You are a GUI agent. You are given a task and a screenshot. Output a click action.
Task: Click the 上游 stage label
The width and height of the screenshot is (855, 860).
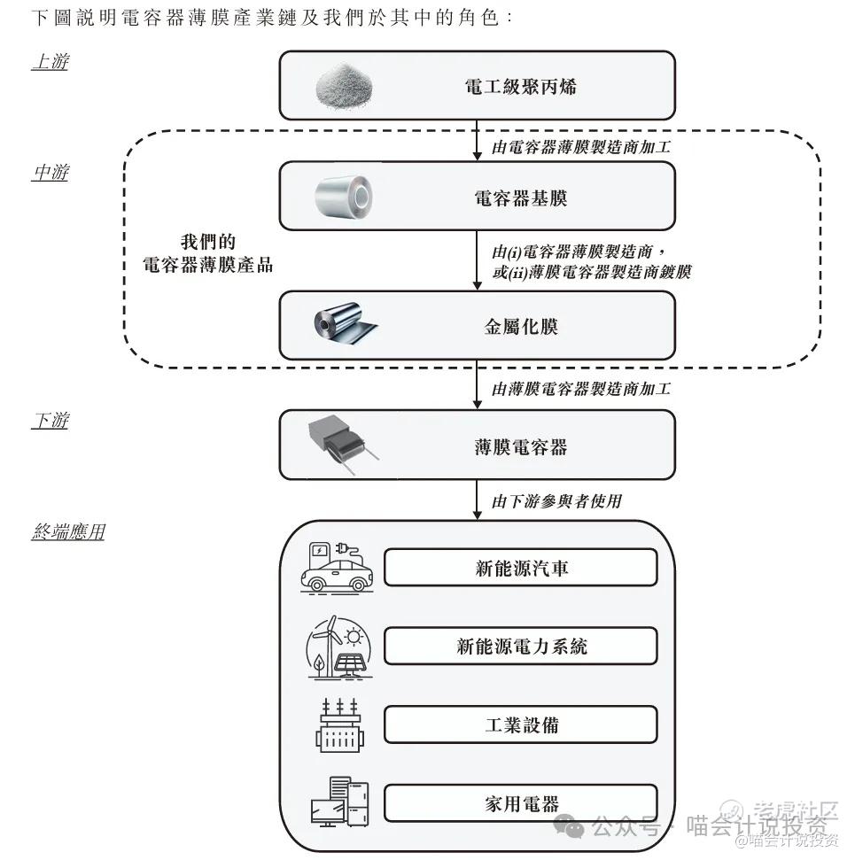click(50, 62)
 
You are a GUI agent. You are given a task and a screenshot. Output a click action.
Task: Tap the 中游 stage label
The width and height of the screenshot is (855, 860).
click(50, 173)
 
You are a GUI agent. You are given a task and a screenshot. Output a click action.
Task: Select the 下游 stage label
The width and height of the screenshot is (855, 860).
click(50, 420)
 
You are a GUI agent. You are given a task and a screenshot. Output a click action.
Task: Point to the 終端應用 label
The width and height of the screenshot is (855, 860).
click(68, 532)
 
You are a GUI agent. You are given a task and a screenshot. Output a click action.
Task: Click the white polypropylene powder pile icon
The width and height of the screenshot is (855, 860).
click(345, 86)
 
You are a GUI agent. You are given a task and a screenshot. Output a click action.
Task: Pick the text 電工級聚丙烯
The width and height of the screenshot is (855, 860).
click(520, 86)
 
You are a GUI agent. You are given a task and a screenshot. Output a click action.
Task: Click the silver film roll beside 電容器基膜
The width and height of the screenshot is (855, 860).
click(345, 196)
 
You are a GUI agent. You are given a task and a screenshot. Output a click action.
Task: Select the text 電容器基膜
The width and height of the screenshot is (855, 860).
click(520, 198)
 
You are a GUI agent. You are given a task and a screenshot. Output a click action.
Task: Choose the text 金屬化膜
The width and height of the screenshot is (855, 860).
click(520, 326)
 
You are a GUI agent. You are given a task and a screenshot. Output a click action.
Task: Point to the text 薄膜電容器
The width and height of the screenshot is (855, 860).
click(520, 446)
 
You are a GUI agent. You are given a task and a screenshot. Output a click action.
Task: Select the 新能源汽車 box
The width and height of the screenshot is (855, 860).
click(520, 568)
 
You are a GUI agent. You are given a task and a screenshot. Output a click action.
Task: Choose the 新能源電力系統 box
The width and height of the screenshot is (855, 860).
click(520, 647)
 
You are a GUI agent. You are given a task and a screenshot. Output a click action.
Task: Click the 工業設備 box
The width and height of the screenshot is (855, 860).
click(520, 724)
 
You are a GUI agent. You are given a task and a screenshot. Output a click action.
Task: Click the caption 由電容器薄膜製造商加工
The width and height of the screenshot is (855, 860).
click(580, 148)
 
